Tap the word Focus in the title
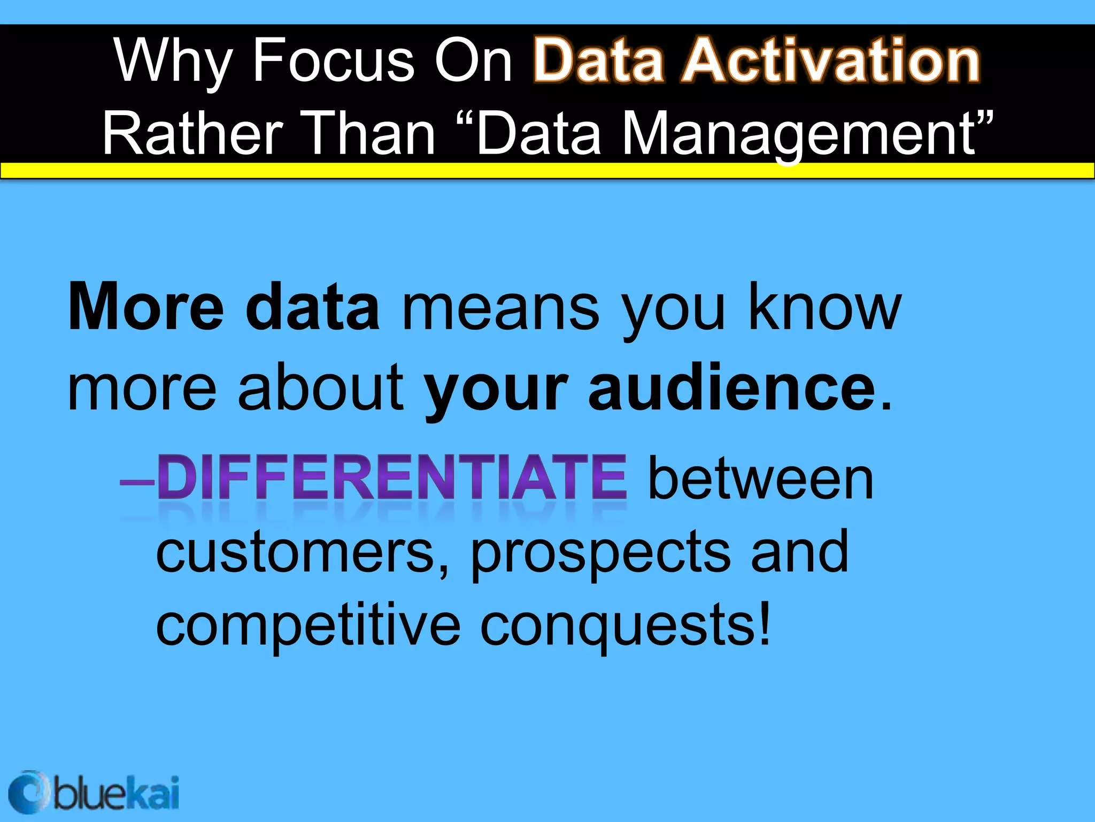(x=333, y=60)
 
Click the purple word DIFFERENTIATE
(x=392, y=477)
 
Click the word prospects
(x=600, y=554)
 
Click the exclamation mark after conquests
(x=765, y=623)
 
